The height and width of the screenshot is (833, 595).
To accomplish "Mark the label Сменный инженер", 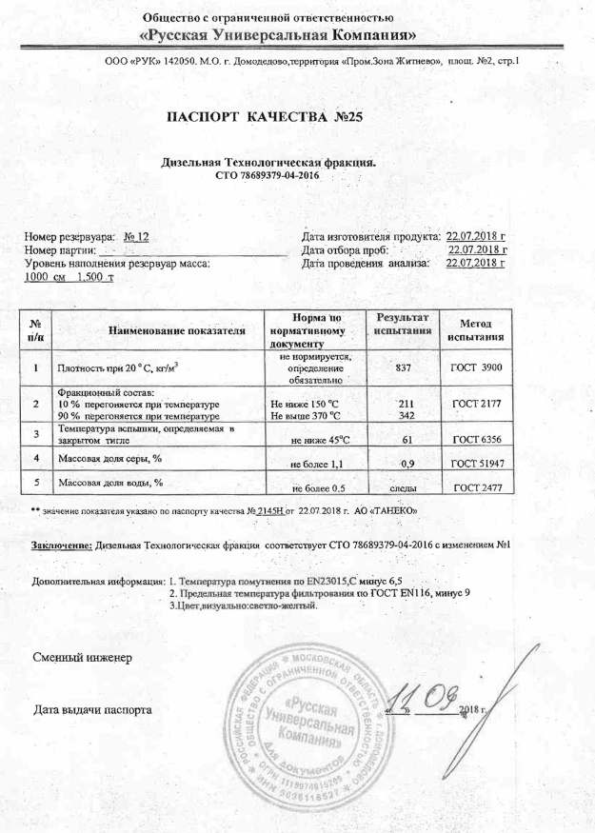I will (75, 659).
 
